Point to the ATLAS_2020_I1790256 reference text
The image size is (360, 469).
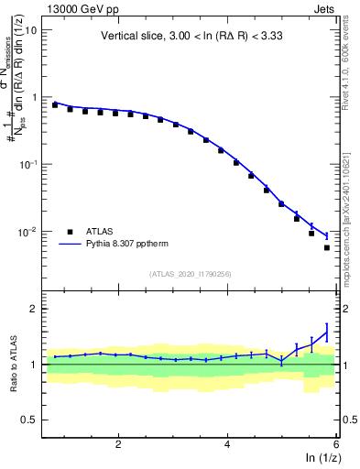(x=191, y=273)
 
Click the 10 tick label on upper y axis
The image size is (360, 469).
(x=30, y=30)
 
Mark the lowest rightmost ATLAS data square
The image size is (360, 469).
(x=327, y=247)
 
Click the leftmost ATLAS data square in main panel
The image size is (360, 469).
(x=55, y=105)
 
